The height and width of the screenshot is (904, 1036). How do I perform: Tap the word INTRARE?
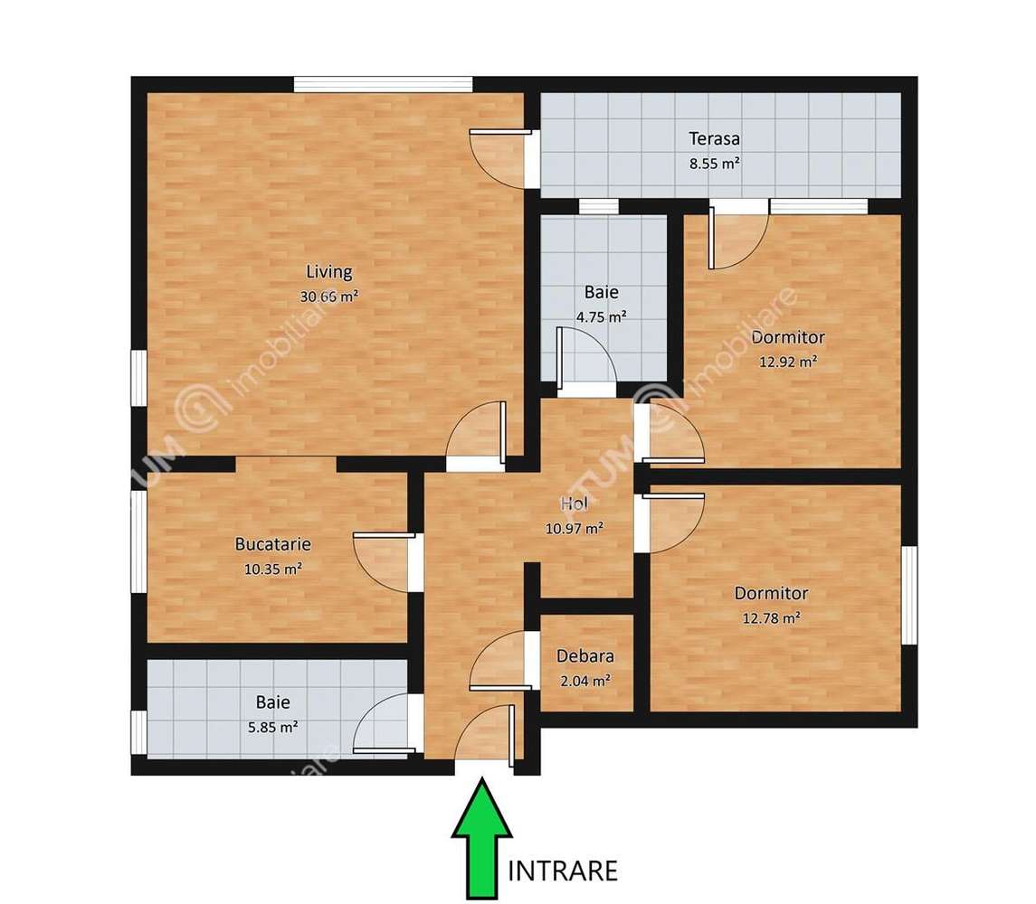pyautogui.click(x=564, y=871)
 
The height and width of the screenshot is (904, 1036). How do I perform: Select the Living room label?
pyautogui.click(x=328, y=271)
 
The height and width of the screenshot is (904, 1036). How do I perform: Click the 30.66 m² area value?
pyautogui.click(x=328, y=296)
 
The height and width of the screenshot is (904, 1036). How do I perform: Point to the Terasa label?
pyautogui.click(x=714, y=139)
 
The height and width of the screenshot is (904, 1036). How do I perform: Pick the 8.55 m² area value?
pyautogui.click(x=714, y=164)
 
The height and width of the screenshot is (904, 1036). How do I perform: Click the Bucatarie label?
pyautogui.click(x=272, y=544)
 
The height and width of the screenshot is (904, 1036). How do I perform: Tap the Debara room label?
pyautogui.click(x=585, y=656)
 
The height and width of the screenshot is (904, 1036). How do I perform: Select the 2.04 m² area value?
pyautogui.click(x=585, y=681)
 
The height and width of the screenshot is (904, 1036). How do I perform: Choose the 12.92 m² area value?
pyautogui.click(x=788, y=362)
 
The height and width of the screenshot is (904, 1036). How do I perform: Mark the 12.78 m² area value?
pyautogui.click(x=771, y=618)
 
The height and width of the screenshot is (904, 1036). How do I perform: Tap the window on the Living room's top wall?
pyautogui.click(x=383, y=84)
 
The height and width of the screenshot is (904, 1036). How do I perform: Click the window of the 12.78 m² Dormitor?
pyautogui.click(x=909, y=596)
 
